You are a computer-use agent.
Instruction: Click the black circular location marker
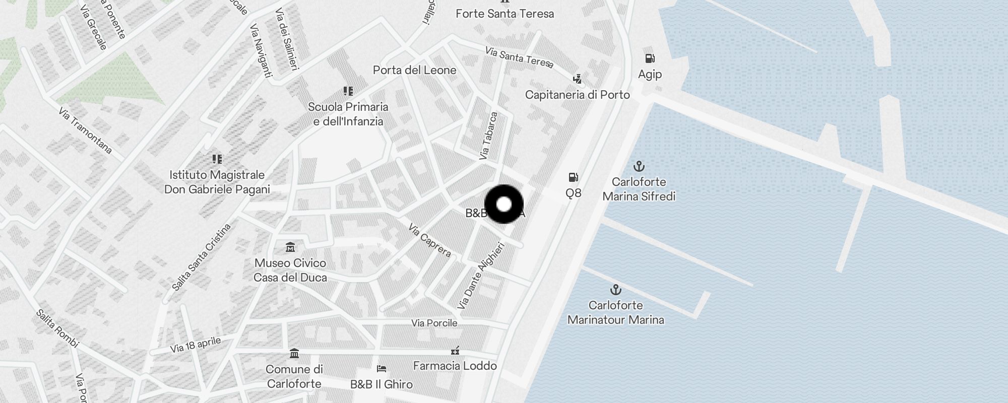[504, 204]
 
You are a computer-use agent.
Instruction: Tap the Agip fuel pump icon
[650, 59]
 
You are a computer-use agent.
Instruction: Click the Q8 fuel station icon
[573, 177]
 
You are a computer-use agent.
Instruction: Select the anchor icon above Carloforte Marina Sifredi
[639, 166]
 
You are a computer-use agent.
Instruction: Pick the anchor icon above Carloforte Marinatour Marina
[615, 290]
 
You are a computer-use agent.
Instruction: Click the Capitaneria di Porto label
[577, 95]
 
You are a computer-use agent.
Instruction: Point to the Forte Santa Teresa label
[505, 14]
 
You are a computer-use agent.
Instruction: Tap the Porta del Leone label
[414, 70]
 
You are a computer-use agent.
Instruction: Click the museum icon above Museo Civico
[290, 247]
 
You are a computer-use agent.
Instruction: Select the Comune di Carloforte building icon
[294, 354]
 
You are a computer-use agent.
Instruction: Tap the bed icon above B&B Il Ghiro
[382, 369]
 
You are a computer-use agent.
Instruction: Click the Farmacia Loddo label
[455, 366]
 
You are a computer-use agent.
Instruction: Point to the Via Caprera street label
[429, 240]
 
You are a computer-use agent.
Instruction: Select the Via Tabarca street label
[488, 136]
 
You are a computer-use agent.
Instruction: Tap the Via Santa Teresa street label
[519, 57]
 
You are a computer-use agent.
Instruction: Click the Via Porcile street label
[434, 323]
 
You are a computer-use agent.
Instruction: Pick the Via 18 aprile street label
[195, 345]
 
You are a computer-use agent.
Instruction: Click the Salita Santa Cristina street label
[201, 257]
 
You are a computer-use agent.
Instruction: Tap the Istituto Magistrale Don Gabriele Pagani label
[217, 182]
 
